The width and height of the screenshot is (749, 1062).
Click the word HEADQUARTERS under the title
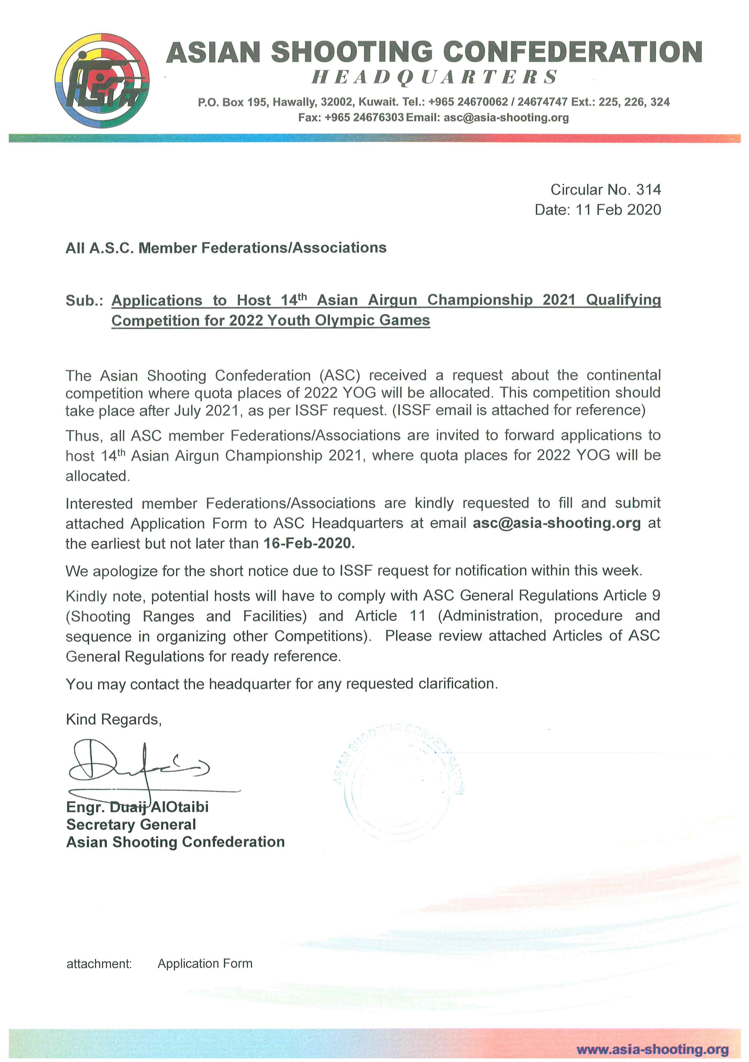[435, 77]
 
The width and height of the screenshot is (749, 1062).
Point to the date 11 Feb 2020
[618, 210]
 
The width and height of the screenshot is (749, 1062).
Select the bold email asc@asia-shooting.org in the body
[556, 523]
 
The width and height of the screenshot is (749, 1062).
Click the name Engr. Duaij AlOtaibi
[137, 807]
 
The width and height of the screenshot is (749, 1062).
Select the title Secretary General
[131, 825]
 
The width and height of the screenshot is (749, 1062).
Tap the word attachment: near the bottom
[99, 964]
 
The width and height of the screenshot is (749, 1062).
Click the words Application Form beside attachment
[205, 964]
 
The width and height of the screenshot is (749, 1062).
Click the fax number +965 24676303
[364, 117]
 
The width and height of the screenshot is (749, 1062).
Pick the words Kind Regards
[114, 720]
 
